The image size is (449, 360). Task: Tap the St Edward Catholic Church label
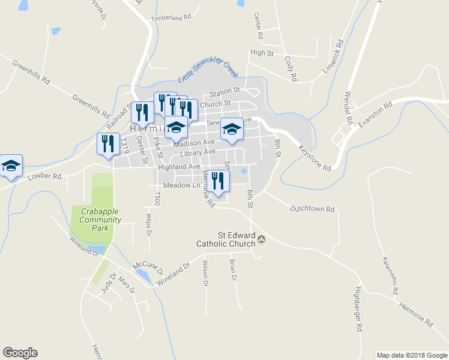[226, 239]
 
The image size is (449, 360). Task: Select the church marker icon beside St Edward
[261, 240]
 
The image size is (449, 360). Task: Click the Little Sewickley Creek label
[208, 73]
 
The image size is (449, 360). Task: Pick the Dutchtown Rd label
[312, 209]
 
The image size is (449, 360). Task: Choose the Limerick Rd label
[333, 56]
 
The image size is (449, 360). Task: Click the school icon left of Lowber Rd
[10, 165]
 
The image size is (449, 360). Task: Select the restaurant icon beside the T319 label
[107, 144]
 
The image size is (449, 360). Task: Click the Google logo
[20, 353]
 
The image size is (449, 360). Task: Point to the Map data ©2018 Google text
[411, 355]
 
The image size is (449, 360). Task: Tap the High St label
[262, 53]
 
